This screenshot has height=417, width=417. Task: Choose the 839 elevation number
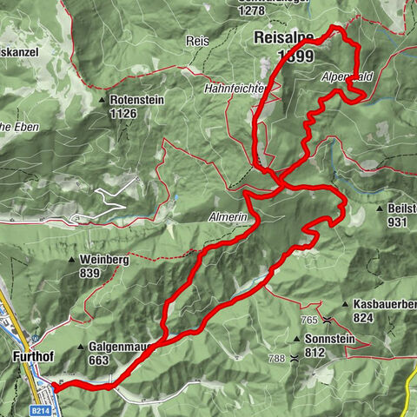click(89, 273)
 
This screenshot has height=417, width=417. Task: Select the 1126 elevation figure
click(123, 112)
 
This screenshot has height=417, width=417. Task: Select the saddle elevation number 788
click(276, 358)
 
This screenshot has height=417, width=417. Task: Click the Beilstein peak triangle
click(381, 209)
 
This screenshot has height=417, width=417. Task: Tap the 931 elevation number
click(398, 222)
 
